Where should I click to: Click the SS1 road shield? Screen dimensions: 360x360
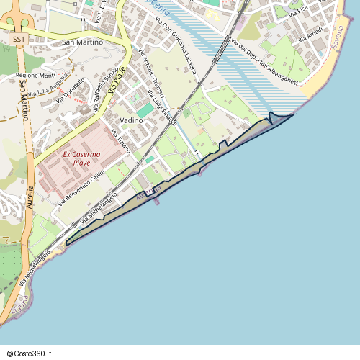[x=20, y=40]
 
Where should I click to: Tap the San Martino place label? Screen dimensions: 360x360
[x=83, y=42]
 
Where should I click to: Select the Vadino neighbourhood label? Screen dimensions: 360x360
[x=131, y=120]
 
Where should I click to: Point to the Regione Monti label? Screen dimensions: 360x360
[x=35, y=76]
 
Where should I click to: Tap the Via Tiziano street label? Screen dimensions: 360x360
[x=120, y=141]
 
